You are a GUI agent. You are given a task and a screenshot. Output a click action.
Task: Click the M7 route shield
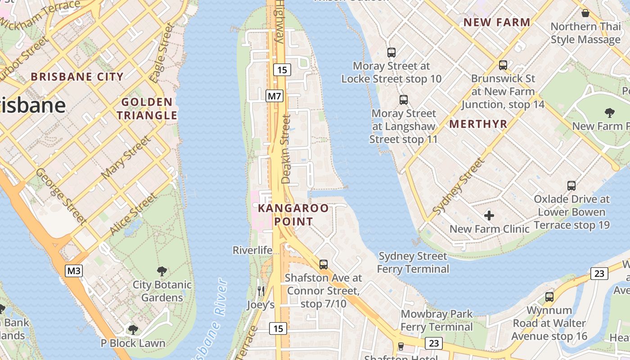pos(274,96)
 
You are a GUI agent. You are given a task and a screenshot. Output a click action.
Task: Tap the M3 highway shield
pos(74,271)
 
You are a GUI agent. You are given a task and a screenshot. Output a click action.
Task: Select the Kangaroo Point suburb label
pos(293,215)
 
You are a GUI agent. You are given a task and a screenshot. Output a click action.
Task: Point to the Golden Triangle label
pos(147,109)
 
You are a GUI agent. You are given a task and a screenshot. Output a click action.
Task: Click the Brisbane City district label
pos(77,76)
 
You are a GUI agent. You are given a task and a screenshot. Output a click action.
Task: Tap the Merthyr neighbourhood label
pos(478,124)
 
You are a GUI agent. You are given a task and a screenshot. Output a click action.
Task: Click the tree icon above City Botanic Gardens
pos(162,271)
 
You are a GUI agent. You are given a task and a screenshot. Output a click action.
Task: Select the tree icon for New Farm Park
pos(610,112)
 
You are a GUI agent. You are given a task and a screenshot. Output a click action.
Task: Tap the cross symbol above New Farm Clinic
pos(489,216)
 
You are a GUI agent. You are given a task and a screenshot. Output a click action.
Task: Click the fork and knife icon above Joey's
pos(261,291)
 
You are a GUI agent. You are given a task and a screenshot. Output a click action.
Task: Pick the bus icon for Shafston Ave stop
pos(324,265)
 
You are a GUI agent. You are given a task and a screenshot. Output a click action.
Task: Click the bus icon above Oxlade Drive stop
pos(571,185)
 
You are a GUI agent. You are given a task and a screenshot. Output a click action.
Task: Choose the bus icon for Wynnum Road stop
pos(549,297)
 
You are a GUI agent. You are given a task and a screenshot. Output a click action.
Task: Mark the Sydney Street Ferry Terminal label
pos(413,262)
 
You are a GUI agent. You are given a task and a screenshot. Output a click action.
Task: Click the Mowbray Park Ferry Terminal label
pos(436,320)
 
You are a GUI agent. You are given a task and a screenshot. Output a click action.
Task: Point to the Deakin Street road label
pos(286,149)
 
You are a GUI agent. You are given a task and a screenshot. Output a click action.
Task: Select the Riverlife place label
pos(252,250)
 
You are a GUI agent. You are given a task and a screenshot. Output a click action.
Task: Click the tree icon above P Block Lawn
pos(133,330)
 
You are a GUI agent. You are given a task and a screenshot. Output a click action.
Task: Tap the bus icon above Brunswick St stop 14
pos(503,65)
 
